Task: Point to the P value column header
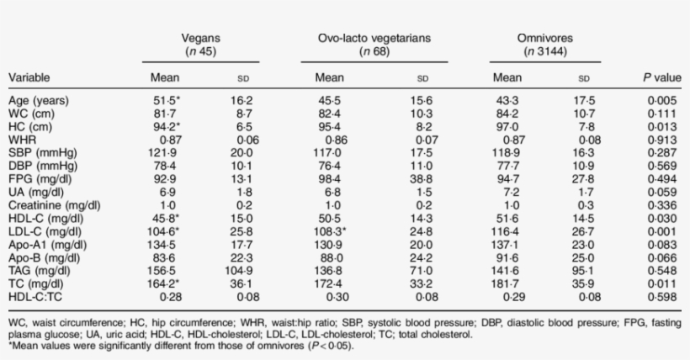pos(661,78)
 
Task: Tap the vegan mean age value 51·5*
pos(166,101)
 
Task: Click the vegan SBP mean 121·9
pos(165,153)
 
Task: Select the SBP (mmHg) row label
pos(41,153)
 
